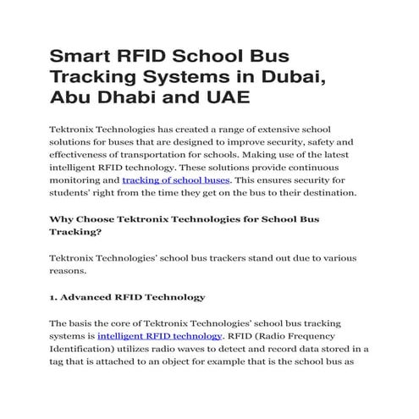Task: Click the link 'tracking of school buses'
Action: (175, 180)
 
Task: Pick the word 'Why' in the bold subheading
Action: (61, 220)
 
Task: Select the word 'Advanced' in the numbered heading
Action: (88, 297)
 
